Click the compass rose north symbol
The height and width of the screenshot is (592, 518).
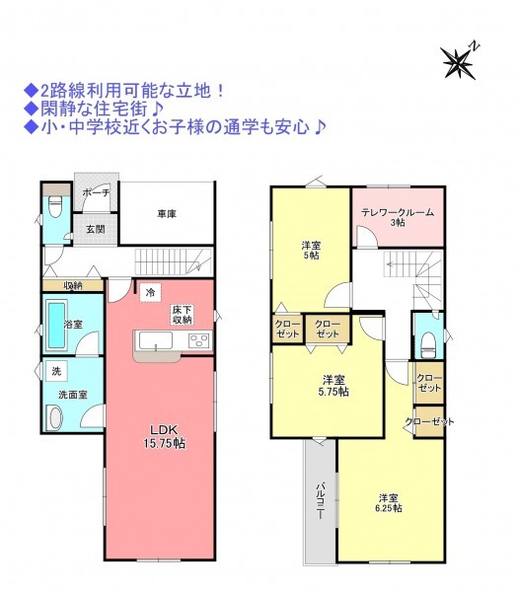click(x=460, y=61)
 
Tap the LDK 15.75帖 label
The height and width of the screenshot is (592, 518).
click(x=164, y=436)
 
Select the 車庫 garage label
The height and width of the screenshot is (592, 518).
click(x=167, y=214)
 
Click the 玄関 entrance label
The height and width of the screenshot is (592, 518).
click(x=96, y=229)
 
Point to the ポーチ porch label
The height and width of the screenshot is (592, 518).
click(x=96, y=192)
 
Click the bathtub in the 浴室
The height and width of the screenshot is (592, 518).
click(x=56, y=325)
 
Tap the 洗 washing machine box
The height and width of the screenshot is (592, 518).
click(x=56, y=371)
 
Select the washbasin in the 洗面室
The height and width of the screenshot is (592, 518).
click(x=55, y=417)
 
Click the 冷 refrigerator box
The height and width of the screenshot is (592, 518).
click(x=150, y=292)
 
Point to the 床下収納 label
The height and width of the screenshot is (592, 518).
click(x=182, y=315)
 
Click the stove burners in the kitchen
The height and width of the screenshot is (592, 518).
click(x=199, y=340)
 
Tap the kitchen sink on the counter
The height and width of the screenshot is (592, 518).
click(x=156, y=340)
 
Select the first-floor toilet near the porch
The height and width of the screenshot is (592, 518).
click(x=55, y=208)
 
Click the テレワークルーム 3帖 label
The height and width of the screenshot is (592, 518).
click(x=398, y=217)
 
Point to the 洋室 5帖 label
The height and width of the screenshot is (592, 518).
click(x=311, y=251)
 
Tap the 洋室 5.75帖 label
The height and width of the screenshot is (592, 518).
click(x=333, y=385)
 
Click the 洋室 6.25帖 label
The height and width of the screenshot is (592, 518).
click(x=389, y=503)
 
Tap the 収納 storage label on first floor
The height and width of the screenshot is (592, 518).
click(x=73, y=285)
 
